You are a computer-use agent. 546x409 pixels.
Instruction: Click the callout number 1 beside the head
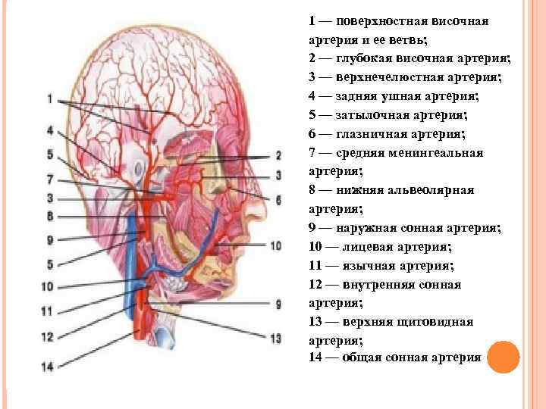[49, 98]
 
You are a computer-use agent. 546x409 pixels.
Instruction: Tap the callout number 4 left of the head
[49, 130]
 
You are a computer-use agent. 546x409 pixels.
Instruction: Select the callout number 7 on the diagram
[49, 180]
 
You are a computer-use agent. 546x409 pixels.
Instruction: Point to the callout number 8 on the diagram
[49, 216]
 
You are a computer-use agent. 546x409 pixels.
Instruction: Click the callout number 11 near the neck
[47, 311]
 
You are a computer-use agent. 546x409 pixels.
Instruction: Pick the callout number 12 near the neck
[47, 337]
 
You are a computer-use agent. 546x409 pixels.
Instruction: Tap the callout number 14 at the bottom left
[47, 367]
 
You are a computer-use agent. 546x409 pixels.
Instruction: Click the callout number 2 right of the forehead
[278, 155]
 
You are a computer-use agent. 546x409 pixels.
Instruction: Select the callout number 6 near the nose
[278, 200]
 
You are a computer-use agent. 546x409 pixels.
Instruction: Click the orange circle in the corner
[501, 356]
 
